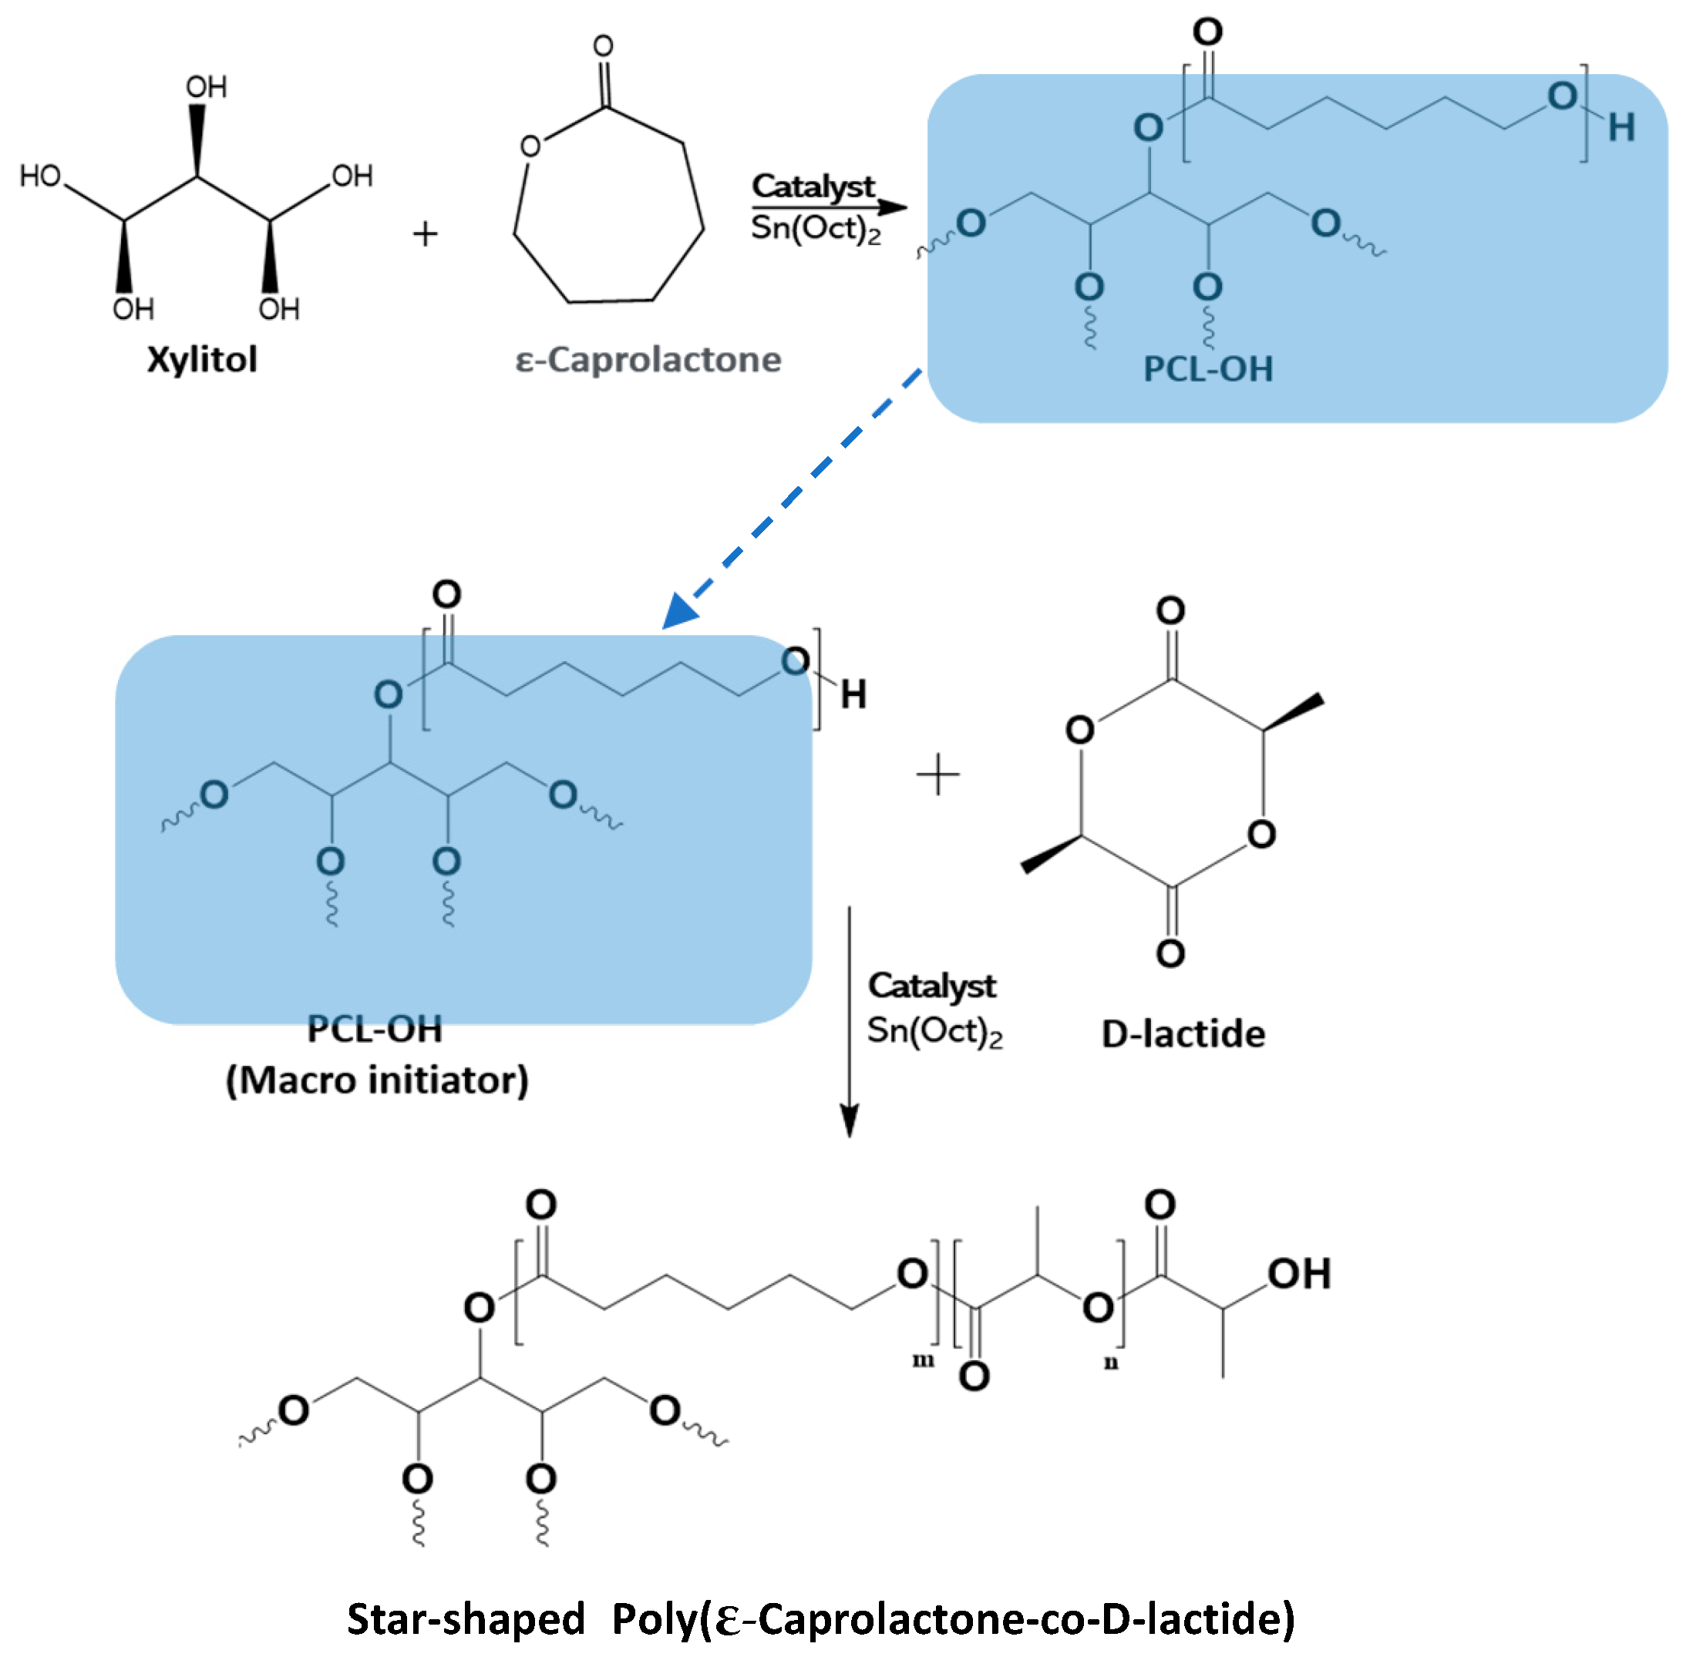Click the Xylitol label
coord(201,359)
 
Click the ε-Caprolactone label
coord(648,359)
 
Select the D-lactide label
coord(1182,1033)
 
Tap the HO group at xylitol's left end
coord(40,176)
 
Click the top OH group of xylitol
coord(207,86)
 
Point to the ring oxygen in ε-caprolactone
coord(530,146)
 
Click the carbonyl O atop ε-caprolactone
coord(603,45)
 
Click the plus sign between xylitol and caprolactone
coord(425,234)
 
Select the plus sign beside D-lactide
coord(937,775)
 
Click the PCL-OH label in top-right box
coord(1207,368)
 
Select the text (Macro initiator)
coord(377,1079)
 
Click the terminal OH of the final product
coord(1298,1273)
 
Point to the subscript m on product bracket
coord(923,1359)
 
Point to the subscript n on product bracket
coord(1111,1362)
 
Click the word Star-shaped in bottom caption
coord(465,1618)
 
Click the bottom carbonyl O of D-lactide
coord(1169,953)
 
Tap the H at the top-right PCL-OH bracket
coord(1621,128)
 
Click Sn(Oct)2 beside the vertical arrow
coord(934,1031)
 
